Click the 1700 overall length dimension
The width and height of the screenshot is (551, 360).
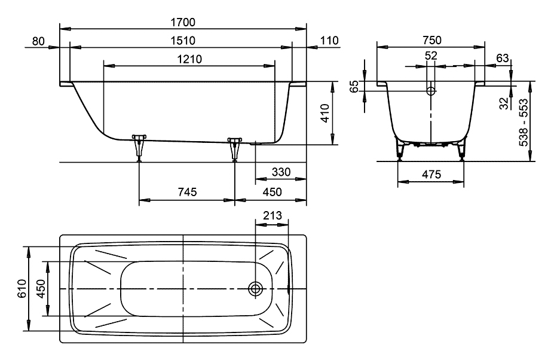pos(183,23)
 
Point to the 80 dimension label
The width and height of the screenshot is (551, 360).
pos(39,41)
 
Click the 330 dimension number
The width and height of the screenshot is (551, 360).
pos(280,172)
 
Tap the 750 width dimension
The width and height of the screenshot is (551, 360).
pos(431,41)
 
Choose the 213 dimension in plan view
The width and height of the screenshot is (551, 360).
pos(271,215)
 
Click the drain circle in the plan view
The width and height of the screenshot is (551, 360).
pos(256,289)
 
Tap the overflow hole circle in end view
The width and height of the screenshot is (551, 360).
pos(431,91)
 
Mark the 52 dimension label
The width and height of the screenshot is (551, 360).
pos(431,56)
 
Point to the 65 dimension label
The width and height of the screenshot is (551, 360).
pos(354,87)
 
